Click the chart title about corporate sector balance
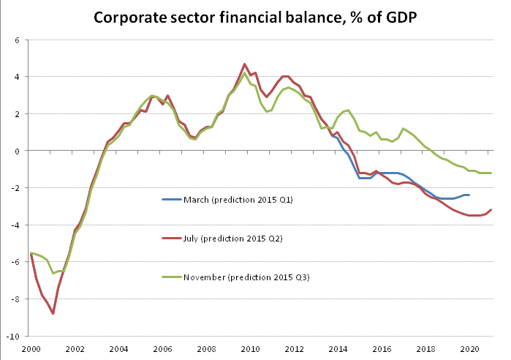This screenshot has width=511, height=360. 255,17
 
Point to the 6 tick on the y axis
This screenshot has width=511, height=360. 17,40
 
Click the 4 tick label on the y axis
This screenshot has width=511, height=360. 17,77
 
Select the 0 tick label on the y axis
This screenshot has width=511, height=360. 17,151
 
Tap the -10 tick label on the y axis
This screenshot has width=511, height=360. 13,337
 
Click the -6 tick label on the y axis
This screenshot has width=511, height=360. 15,263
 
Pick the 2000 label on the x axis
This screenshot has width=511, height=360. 30,349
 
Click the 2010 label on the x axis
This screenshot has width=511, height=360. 251,349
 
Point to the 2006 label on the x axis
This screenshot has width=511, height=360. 162,349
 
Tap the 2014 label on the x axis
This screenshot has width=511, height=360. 338,349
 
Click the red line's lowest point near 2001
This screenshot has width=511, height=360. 53,313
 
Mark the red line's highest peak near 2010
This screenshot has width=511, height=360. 245,64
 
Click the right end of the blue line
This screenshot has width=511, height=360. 469,195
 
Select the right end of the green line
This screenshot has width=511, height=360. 491,173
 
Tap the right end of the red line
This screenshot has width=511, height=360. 491,209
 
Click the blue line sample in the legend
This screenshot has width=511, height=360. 172,199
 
